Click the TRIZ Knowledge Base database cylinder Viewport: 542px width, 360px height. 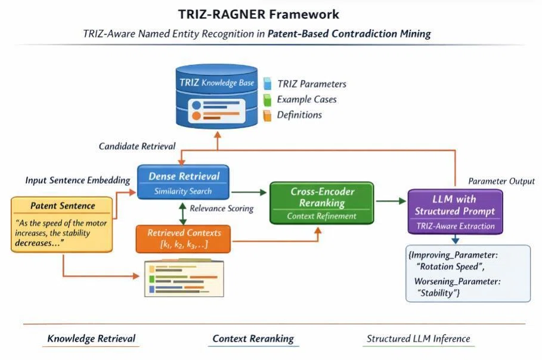pos(216,96)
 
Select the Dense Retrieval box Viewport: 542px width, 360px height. pos(183,182)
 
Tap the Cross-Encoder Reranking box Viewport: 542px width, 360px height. pos(322,203)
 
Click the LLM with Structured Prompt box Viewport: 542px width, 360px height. pos(455,212)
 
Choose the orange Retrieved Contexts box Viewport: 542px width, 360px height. pos(183,239)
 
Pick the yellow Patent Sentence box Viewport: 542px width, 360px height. pos(62,224)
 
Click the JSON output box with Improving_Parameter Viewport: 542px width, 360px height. pos(468,274)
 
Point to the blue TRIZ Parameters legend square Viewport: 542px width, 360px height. pos(267,83)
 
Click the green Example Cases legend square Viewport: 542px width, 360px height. pos(267,100)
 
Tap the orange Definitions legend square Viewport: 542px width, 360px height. pos(267,116)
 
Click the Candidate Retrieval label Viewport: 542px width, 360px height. pos(137,146)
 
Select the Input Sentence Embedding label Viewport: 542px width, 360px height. pos(78,181)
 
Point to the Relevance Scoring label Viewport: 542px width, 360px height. pos(222,209)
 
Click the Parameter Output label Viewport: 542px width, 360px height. pos(501,181)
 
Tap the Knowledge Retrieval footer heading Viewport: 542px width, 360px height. pos(91,339)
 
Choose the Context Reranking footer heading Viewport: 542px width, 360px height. pos(253,339)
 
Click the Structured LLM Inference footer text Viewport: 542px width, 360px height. pos(418,339)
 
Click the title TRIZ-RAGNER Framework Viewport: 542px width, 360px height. pos(259,14)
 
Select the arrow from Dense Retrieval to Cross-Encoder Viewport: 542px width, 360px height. pos(249,192)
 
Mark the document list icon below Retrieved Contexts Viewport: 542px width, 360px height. pos(184,278)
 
